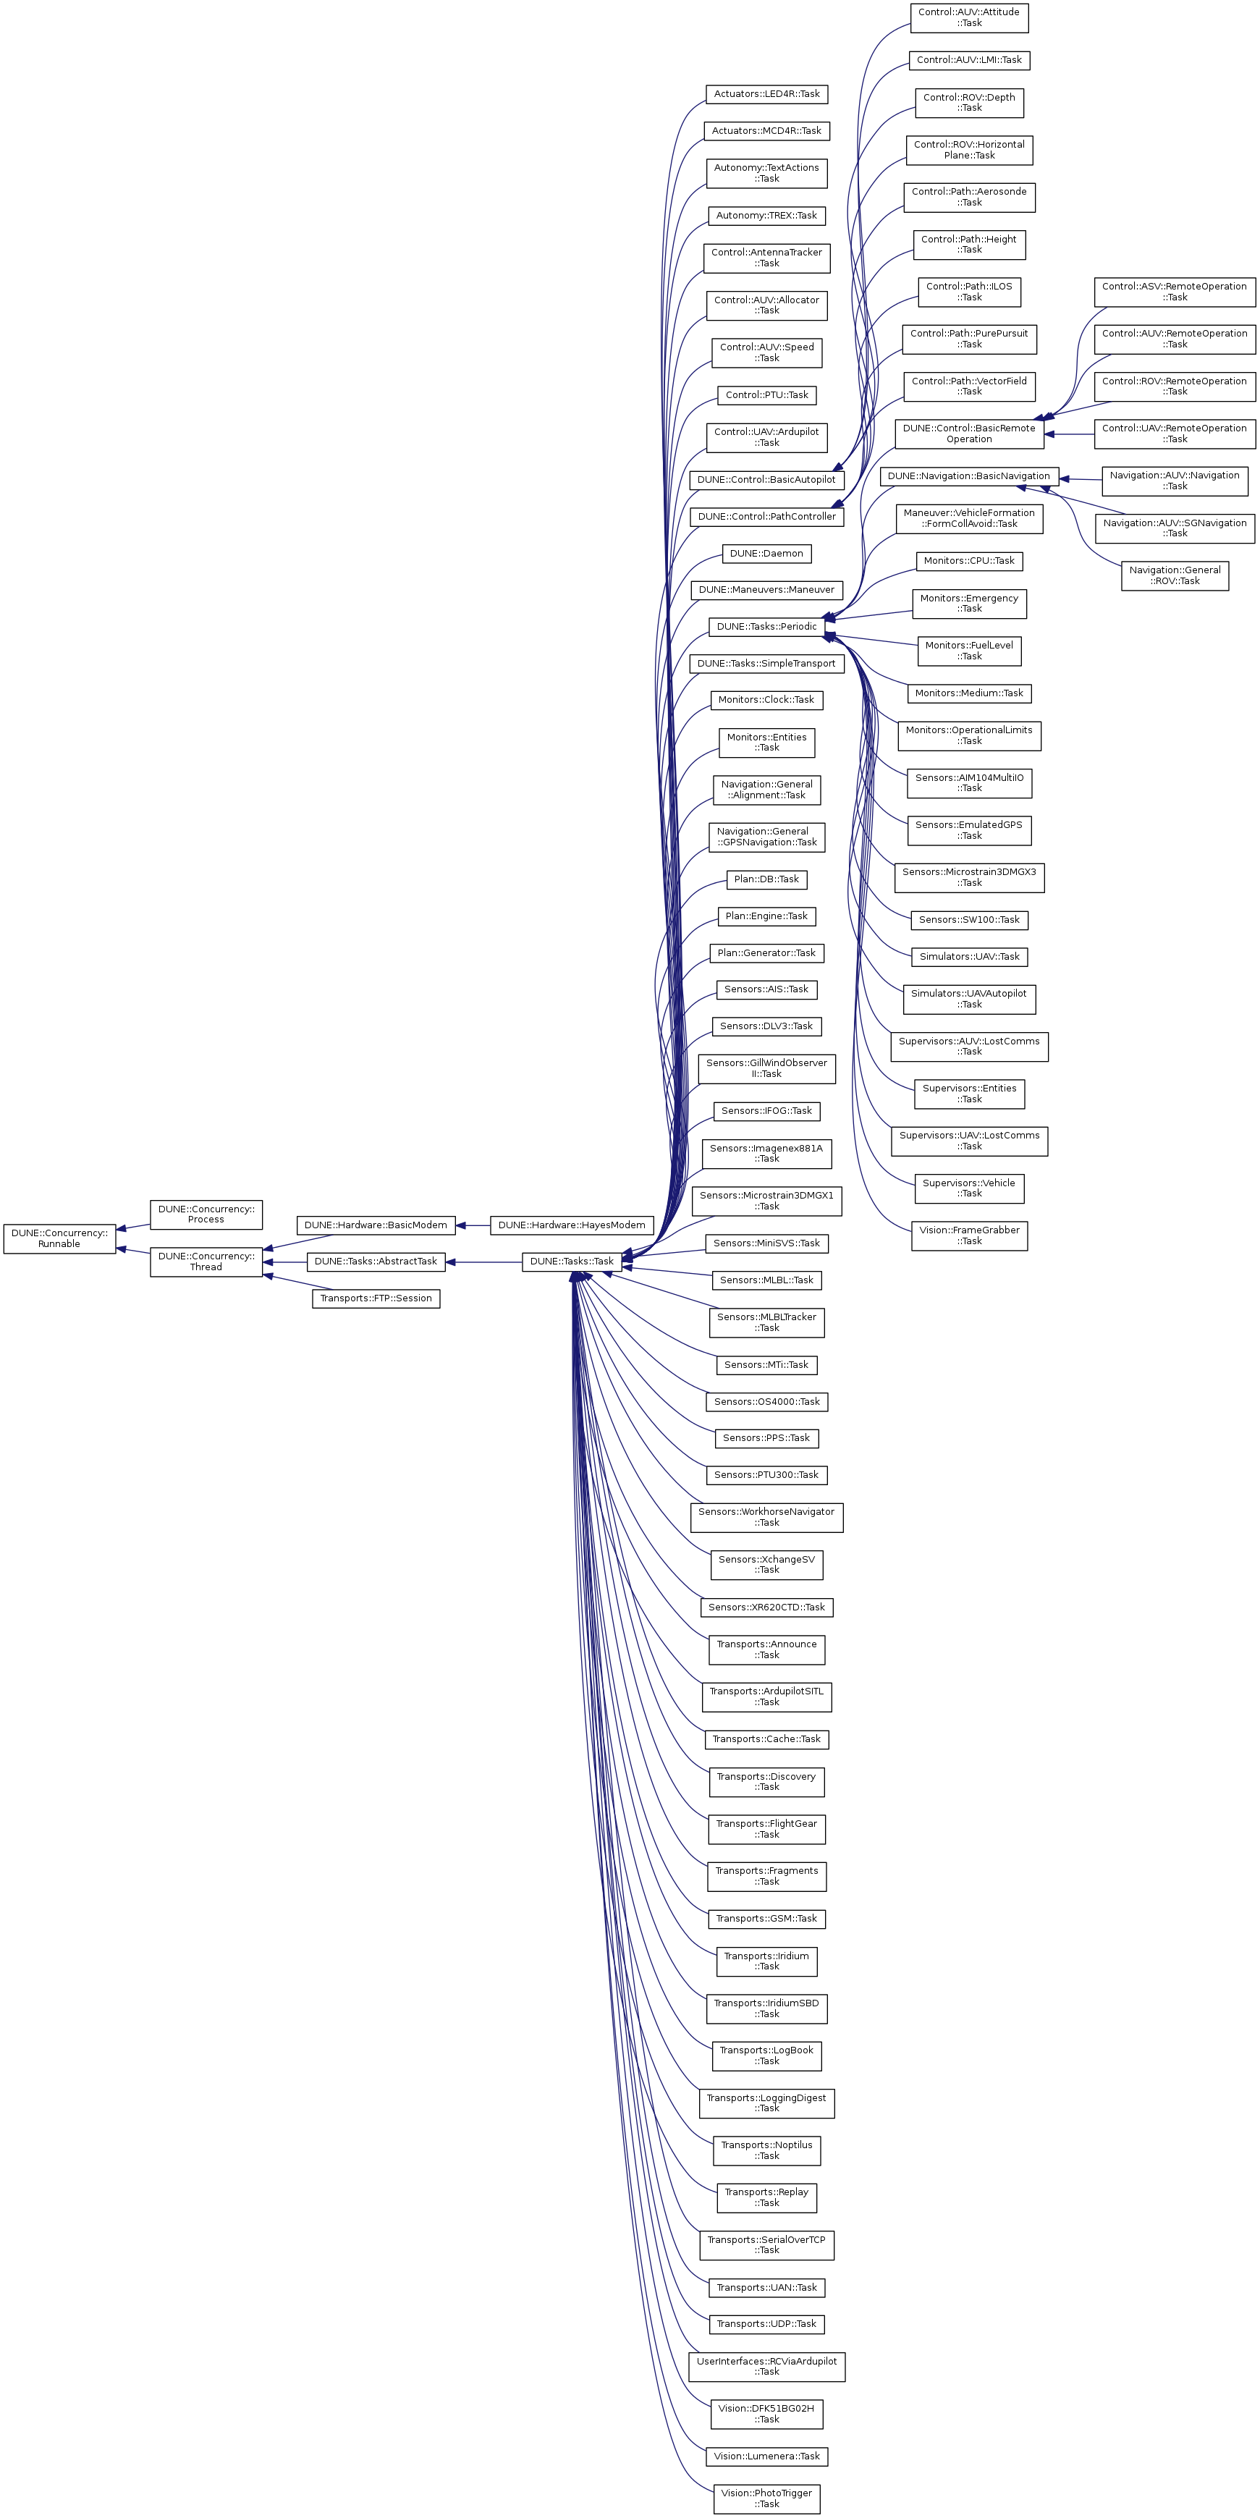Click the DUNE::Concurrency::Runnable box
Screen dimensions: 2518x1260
pos(59,1238)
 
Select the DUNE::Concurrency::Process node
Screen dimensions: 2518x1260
pos(206,1214)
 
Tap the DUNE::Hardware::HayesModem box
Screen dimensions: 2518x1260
pos(571,1225)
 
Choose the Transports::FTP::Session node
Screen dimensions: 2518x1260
pos(376,1298)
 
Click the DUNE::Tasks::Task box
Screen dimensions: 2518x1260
pos(572,1261)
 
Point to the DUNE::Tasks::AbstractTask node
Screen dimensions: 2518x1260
pos(376,1261)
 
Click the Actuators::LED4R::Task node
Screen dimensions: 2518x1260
pos(766,94)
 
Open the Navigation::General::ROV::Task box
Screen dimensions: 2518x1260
pos(1174,575)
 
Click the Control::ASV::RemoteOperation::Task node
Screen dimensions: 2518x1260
pos(1174,291)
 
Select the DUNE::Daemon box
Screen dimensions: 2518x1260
pos(766,553)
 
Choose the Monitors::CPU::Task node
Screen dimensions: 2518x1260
pos(969,561)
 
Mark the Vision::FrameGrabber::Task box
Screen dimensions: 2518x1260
pos(969,1235)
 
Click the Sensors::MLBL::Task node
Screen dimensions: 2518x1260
pos(766,1280)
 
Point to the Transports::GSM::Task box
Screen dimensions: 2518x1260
pos(766,1918)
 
